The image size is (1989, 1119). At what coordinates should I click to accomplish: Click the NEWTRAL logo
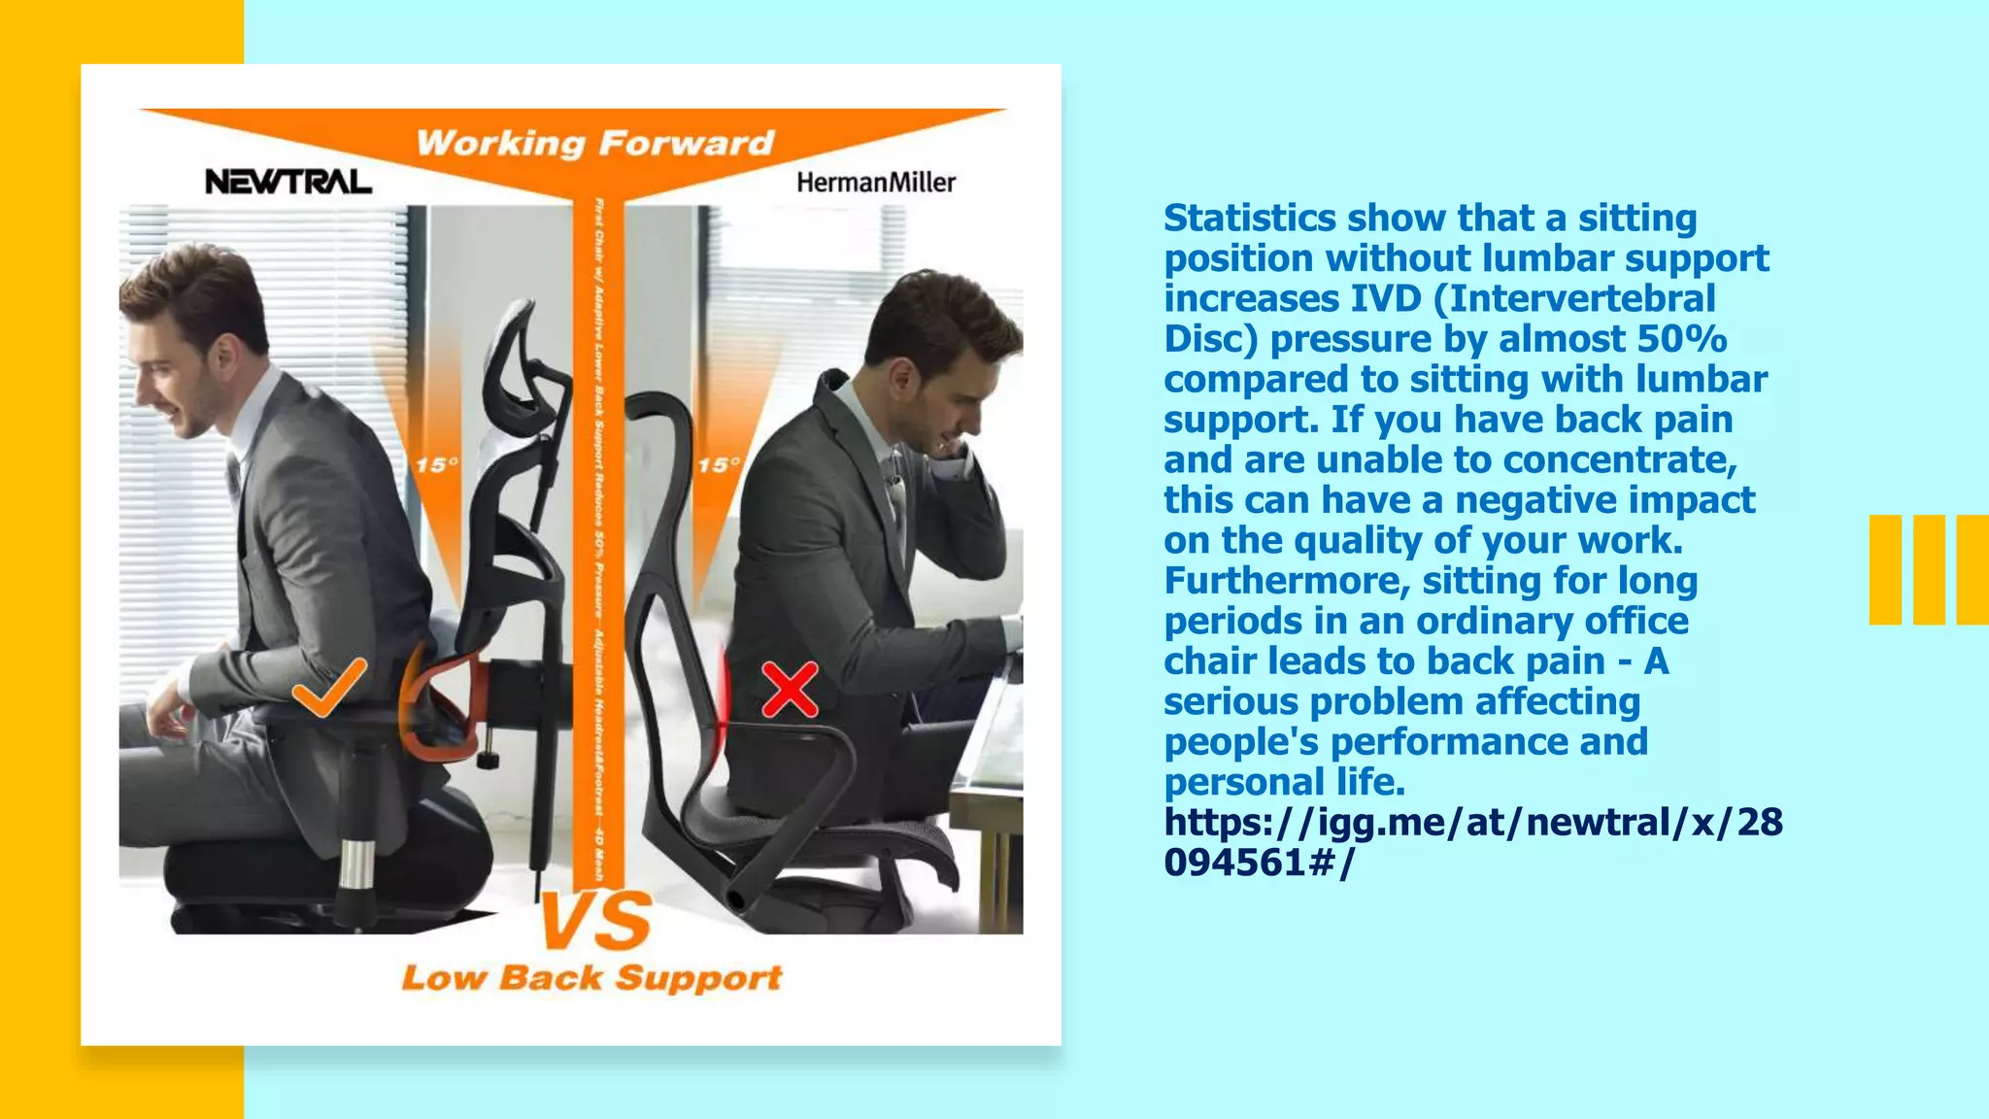tap(287, 182)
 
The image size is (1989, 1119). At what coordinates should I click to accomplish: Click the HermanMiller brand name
tap(876, 183)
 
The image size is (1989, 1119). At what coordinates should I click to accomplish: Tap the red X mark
tap(790, 690)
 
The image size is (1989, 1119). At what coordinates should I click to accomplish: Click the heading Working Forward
tap(595, 144)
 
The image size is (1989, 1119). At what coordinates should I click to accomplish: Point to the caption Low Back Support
tap(591, 977)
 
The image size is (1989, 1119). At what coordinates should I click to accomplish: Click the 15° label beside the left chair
tap(437, 465)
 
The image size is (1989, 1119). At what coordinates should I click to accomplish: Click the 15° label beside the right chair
tap(719, 465)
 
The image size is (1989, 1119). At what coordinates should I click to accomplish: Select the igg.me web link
tap(1472, 841)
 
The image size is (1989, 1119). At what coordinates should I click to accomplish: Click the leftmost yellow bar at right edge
tap(1885, 569)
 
